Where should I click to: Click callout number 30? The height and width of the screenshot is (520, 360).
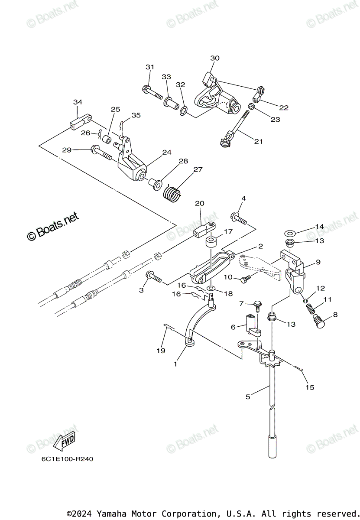(215, 58)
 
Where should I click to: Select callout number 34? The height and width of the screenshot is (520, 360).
(78, 102)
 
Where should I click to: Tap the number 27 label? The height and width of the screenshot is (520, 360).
(198, 170)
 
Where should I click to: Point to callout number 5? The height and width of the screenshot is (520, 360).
(248, 396)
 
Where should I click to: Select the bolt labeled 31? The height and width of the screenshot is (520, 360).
(152, 92)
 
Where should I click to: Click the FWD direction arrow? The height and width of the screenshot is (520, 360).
(64, 441)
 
